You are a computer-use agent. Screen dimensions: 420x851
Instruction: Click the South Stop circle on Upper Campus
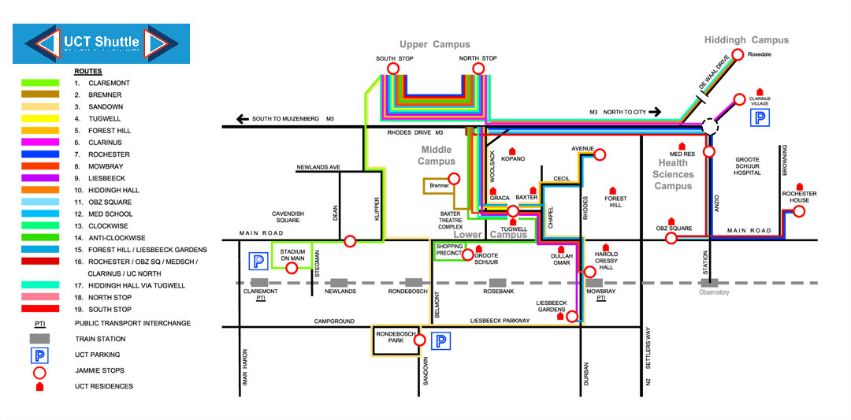pos(392,69)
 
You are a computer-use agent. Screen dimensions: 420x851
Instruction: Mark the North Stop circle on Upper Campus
pos(478,69)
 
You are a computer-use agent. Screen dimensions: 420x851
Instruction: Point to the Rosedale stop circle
pos(738,54)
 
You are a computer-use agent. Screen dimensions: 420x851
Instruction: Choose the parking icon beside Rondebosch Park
pos(442,341)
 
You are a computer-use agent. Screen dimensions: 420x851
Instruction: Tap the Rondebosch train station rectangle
pos(413,282)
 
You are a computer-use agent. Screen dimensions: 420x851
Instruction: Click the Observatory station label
pos(714,292)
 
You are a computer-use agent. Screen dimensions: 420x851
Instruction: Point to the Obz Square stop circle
pos(672,238)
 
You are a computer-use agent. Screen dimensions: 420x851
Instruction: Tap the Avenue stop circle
pos(599,155)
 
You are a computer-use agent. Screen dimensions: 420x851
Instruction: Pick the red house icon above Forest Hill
pos(613,190)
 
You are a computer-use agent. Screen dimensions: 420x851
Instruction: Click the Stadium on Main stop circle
pos(292,268)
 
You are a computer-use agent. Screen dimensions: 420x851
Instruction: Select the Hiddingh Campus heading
pos(745,40)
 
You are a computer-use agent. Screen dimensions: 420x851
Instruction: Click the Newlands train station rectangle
pos(338,282)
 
